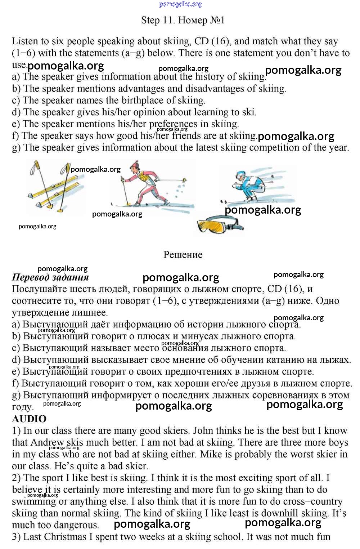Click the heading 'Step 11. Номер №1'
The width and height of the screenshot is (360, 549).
183,20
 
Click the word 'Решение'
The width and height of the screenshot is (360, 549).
183,255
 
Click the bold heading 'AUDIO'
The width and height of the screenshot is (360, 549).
29,419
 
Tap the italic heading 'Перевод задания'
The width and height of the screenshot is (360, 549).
50,277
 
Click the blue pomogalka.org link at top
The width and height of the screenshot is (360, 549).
180,4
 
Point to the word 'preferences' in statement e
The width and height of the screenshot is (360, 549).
173,124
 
